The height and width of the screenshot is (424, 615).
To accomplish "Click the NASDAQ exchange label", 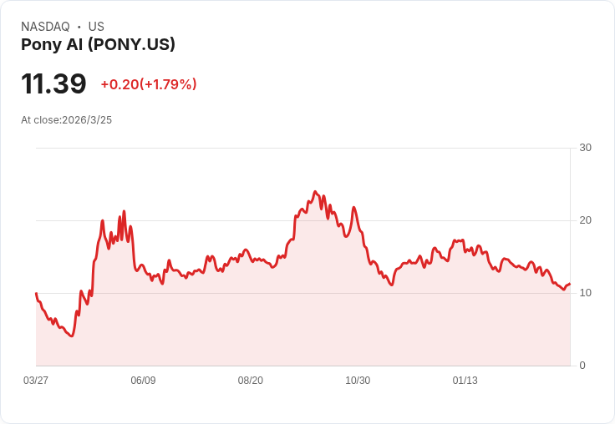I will click(45, 27).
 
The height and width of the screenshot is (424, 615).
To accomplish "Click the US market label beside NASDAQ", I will click(96, 27).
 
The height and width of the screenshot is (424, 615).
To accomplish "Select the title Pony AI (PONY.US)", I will click(98, 45).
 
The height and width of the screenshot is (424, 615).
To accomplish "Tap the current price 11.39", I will click(53, 83).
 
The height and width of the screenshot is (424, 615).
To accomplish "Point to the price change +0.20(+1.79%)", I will click(148, 84).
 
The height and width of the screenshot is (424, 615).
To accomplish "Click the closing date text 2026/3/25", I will click(87, 120).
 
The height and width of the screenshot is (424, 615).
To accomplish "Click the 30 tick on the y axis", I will click(585, 148).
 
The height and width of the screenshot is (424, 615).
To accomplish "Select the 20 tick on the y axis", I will click(585, 220).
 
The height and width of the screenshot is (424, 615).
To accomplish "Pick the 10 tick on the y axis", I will click(585, 293).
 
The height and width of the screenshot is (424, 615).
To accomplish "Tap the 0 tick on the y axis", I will click(582, 366).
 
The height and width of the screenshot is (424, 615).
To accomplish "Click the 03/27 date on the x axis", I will click(36, 381).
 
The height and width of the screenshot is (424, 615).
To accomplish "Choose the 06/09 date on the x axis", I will click(143, 381).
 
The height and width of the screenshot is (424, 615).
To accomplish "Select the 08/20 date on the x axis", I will click(251, 381).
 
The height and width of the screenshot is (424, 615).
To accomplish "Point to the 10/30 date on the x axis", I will click(358, 381).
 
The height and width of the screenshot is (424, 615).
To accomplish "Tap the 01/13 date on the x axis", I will click(465, 381).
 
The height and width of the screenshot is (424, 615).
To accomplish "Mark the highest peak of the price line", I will click(315, 191).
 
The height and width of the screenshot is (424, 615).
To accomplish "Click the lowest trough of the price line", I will click(72, 336).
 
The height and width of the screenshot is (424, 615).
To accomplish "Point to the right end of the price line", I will click(570, 285).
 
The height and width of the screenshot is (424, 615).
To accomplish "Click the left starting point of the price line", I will click(36, 293).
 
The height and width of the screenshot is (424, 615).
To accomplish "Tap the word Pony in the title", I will click(38, 45).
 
